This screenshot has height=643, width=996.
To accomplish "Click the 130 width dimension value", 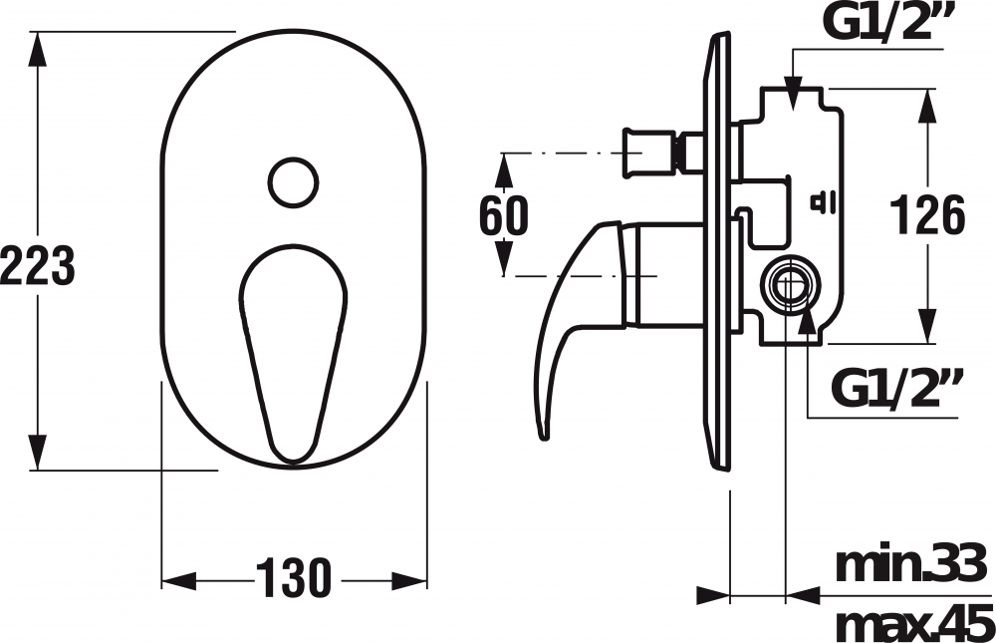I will (294, 578).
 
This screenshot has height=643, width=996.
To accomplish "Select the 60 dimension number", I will (503, 214).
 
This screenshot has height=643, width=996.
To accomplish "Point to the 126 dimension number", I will (927, 215).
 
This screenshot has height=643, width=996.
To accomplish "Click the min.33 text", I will (914, 565).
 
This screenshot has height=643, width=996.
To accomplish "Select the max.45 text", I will (914, 623).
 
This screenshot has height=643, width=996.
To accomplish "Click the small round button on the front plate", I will (293, 182).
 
